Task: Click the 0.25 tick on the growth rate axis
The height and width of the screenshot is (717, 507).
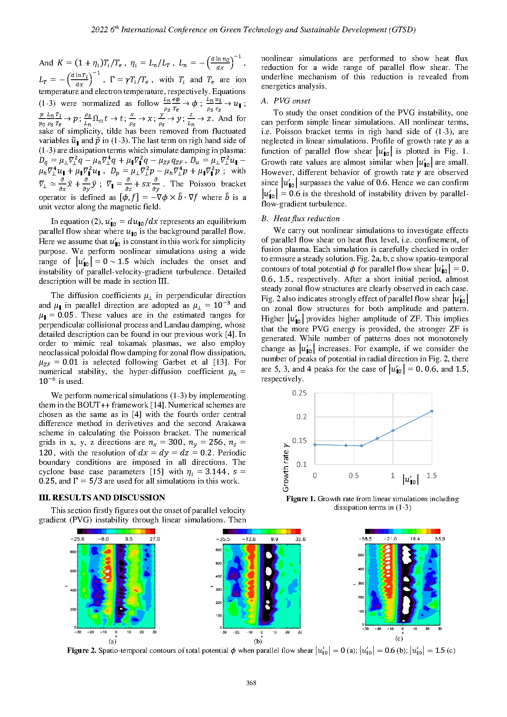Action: coord(299,393)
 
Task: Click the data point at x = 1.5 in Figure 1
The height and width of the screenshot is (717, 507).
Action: coord(432,411)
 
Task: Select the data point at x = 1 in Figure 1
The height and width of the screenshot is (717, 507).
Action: coord(393,430)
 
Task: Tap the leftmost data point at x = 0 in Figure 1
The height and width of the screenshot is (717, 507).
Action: coord(314,445)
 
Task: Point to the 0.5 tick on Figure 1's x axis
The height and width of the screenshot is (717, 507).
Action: coord(353,475)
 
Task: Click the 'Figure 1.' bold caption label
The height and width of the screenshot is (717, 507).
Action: coord(301,499)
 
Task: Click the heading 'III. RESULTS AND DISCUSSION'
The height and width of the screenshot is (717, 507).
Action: coord(102,497)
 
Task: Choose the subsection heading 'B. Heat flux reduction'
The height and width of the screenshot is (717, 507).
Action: coord(301,219)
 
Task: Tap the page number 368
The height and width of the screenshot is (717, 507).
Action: coord(251,683)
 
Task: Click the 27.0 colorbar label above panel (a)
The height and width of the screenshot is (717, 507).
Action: coord(155,539)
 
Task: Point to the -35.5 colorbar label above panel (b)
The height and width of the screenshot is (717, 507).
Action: coord(223,539)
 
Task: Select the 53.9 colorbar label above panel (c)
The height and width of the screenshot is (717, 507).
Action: coord(440,539)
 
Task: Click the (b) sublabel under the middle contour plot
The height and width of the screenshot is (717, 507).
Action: coord(258,641)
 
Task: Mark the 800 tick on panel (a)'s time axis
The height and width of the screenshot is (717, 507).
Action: coord(73,552)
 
